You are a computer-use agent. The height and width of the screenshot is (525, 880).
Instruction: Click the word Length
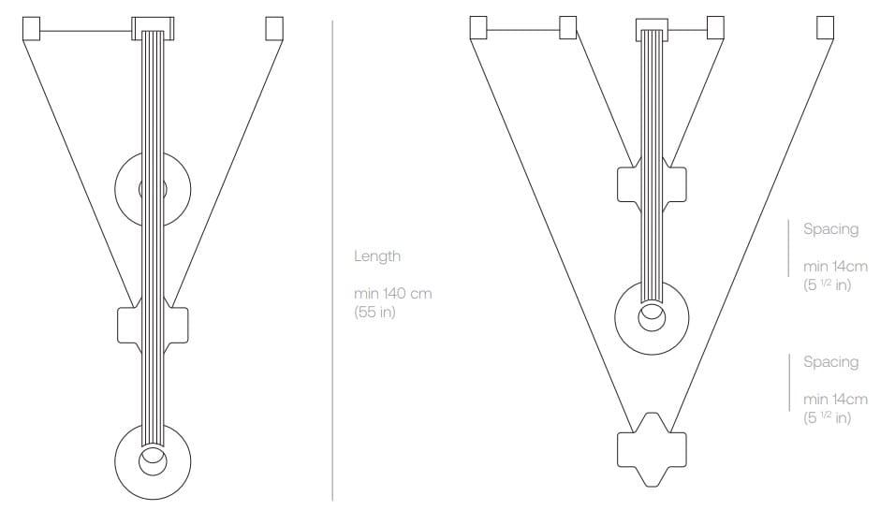coord(377,256)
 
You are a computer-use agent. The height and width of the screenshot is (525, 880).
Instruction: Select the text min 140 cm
coord(393,293)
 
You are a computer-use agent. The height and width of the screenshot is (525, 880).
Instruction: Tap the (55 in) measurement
coord(374,312)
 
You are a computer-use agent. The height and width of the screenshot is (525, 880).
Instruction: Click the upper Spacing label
coord(830,229)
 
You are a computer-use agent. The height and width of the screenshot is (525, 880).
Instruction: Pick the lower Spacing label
coord(830,362)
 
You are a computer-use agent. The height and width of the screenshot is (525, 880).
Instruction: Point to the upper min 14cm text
coord(835,266)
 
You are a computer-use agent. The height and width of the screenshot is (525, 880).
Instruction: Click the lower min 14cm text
coord(835,399)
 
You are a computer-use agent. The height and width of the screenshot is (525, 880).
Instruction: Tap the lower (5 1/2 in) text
coord(828,418)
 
